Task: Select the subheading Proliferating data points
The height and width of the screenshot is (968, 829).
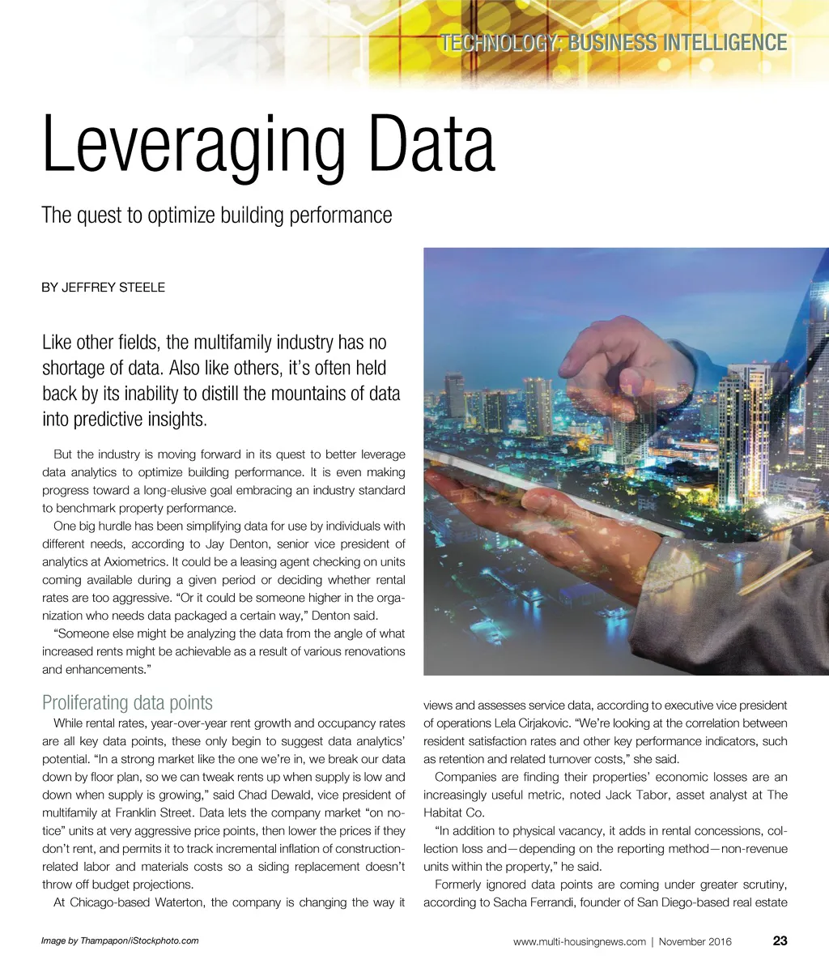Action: click(127, 702)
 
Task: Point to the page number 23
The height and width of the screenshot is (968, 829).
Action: click(780, 940)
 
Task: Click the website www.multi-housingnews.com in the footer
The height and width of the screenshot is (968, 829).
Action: click(580, 941)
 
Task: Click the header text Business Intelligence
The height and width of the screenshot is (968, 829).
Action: click(678, 42)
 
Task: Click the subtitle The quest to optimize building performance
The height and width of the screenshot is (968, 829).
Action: click(216, 215)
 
